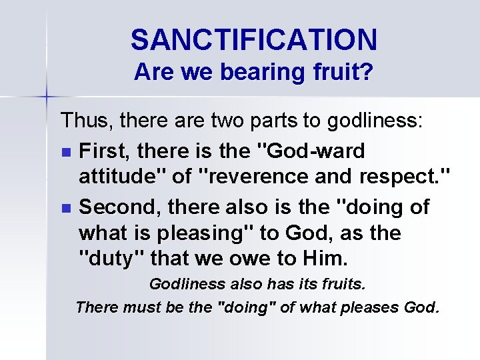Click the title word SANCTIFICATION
pos(254,39)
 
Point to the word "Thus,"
pos(82,121)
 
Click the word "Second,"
pos(120,208)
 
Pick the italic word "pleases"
pos(369,308)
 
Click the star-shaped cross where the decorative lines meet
pos(47,97)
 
